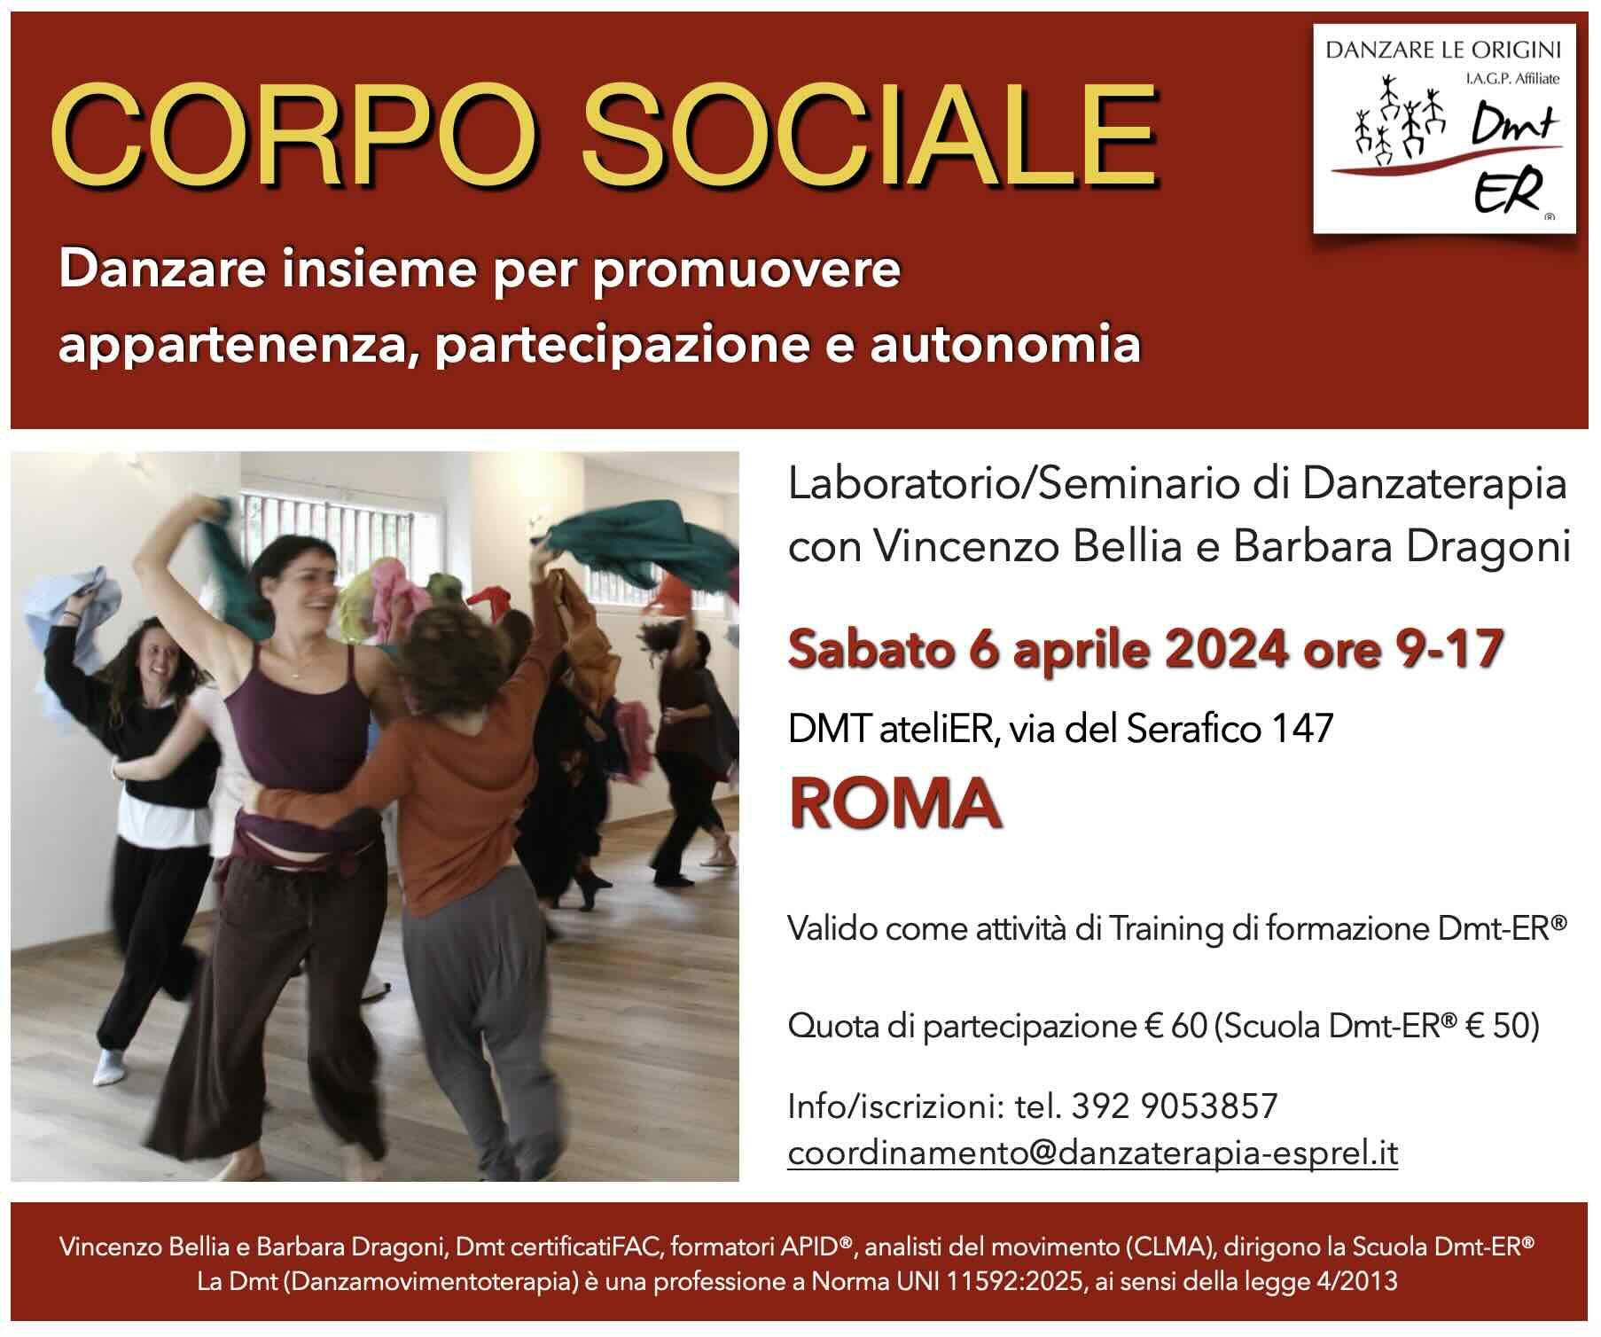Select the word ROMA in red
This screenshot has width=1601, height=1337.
(894, 802)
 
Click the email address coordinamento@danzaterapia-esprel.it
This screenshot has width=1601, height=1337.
(1093, 1153)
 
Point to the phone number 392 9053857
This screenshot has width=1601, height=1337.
(1175, 1106)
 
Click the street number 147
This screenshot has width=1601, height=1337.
(1302, 729)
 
